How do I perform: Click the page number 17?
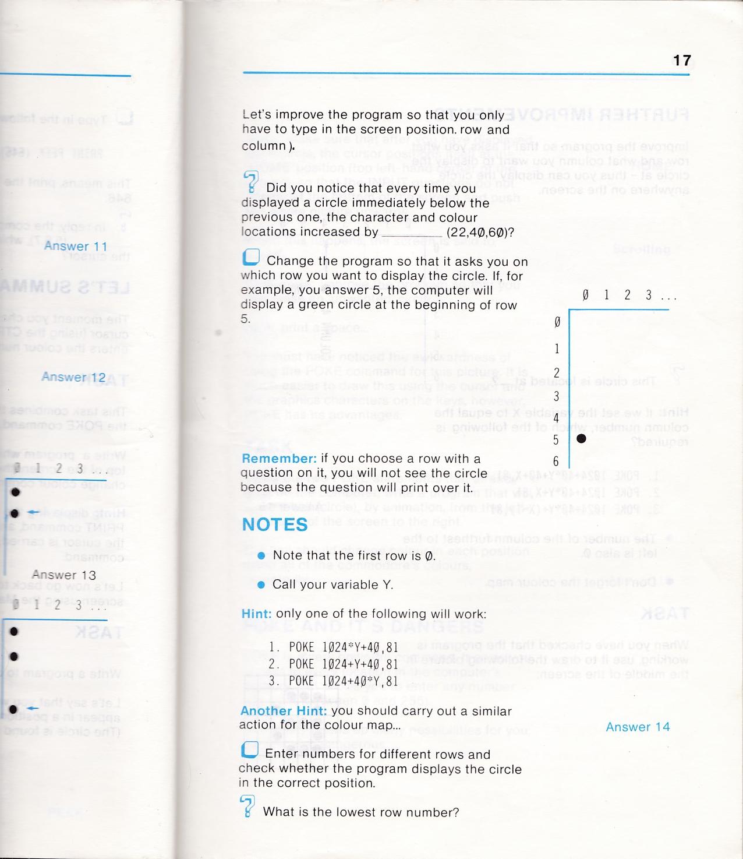pyautogui.click(x=681, y=60)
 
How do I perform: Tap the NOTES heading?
pyautogui.click(x=274, y=524)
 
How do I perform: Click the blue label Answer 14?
pyautogui.click(x=638, y=727)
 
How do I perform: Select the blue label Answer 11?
pyautogui.click(x=75, y=246)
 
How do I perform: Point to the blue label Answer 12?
pyautogui.click(x=73, y=377)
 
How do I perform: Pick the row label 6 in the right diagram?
pyautogui.click(x=556, y=462)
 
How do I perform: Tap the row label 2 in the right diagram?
pyautogui.click(x=557, y=372)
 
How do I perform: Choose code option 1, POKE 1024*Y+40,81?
pyautogui.click(x=333, y=647)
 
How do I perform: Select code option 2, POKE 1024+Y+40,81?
pyautogui.click(x=333, y=664)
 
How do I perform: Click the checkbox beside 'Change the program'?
pyautogui.click(x=250, y=258)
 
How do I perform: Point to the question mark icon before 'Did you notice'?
pyautogui.click(x=250, y=182)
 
